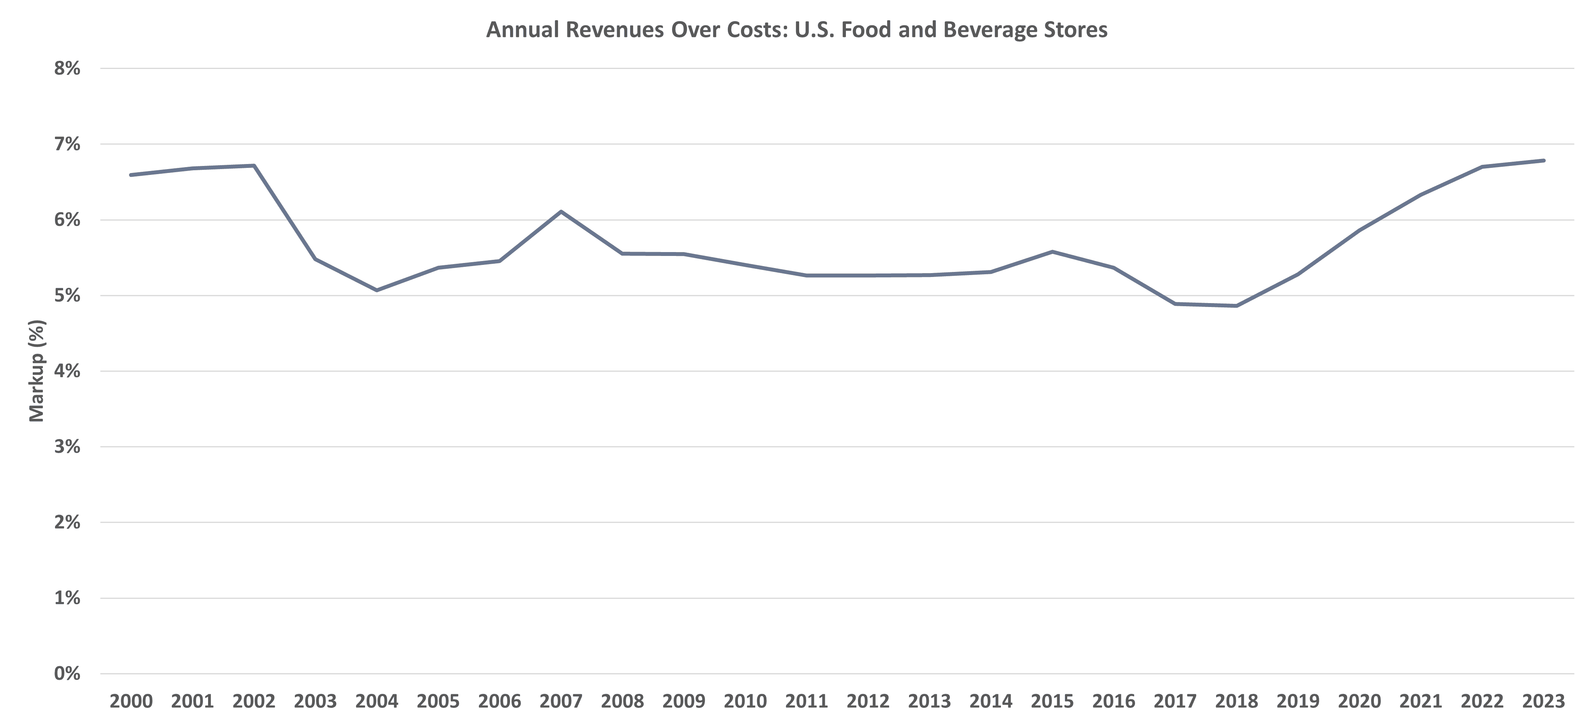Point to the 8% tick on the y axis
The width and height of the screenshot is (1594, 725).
coord(67,68)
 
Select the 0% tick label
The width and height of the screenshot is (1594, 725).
coord(67,673)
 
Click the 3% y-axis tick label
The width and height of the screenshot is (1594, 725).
coord(67,446)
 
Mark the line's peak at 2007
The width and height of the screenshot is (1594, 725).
coord(561,212)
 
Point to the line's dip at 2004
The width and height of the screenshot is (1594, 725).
coord(377,290)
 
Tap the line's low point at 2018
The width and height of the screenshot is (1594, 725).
coord(1236,305)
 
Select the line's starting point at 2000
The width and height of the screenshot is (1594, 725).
coord(131,175)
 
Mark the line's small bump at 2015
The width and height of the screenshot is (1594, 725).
coord(1052,252)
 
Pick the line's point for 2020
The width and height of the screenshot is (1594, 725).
coord(1359,230)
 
